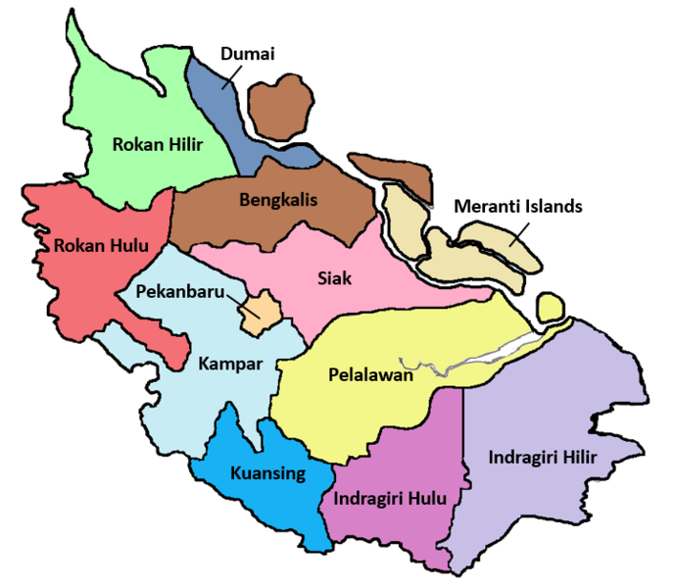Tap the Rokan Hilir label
coord(157,145)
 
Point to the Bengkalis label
coord(278,201)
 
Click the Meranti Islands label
coord(518,207)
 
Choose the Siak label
coord(334,277)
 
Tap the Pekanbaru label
coord(181,292)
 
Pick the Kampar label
coord(229,364)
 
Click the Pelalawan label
coord(371,373)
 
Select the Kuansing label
coord(267,473)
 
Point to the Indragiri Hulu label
coord(390,498)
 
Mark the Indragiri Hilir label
coord(541,457)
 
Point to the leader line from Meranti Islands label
coord(520,230)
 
